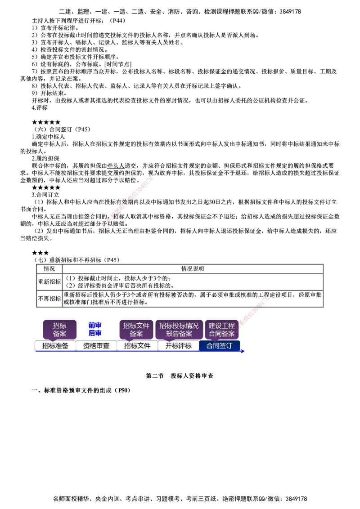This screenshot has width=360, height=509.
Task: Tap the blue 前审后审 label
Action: click(x=95, y=329)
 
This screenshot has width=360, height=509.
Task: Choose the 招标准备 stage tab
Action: click(x=55, y=346)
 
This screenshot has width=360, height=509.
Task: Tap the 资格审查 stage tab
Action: click(x=96, y=346)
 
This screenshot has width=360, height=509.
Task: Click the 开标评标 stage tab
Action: click(x=178, y=346)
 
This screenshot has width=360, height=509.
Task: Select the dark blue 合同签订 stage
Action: click(x=219, y=346)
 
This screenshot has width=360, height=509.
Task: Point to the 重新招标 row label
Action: click(x=49, y=282)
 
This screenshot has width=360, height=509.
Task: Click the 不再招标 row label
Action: click(x=49, y=299)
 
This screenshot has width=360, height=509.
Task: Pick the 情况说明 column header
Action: click(x=193, y=269)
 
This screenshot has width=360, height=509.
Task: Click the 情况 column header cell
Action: click(x=49, y=269)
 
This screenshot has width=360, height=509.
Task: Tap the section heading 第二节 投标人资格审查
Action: click(x=180, y=376)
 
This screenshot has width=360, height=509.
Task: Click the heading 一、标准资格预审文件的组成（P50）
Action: click(x=81, y=390)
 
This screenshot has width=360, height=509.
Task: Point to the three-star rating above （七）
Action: click(x=40, y=253)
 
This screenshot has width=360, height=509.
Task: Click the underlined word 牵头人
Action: click(x=116, y=166)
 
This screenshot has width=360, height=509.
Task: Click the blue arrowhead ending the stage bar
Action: click(x=243, y=351)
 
